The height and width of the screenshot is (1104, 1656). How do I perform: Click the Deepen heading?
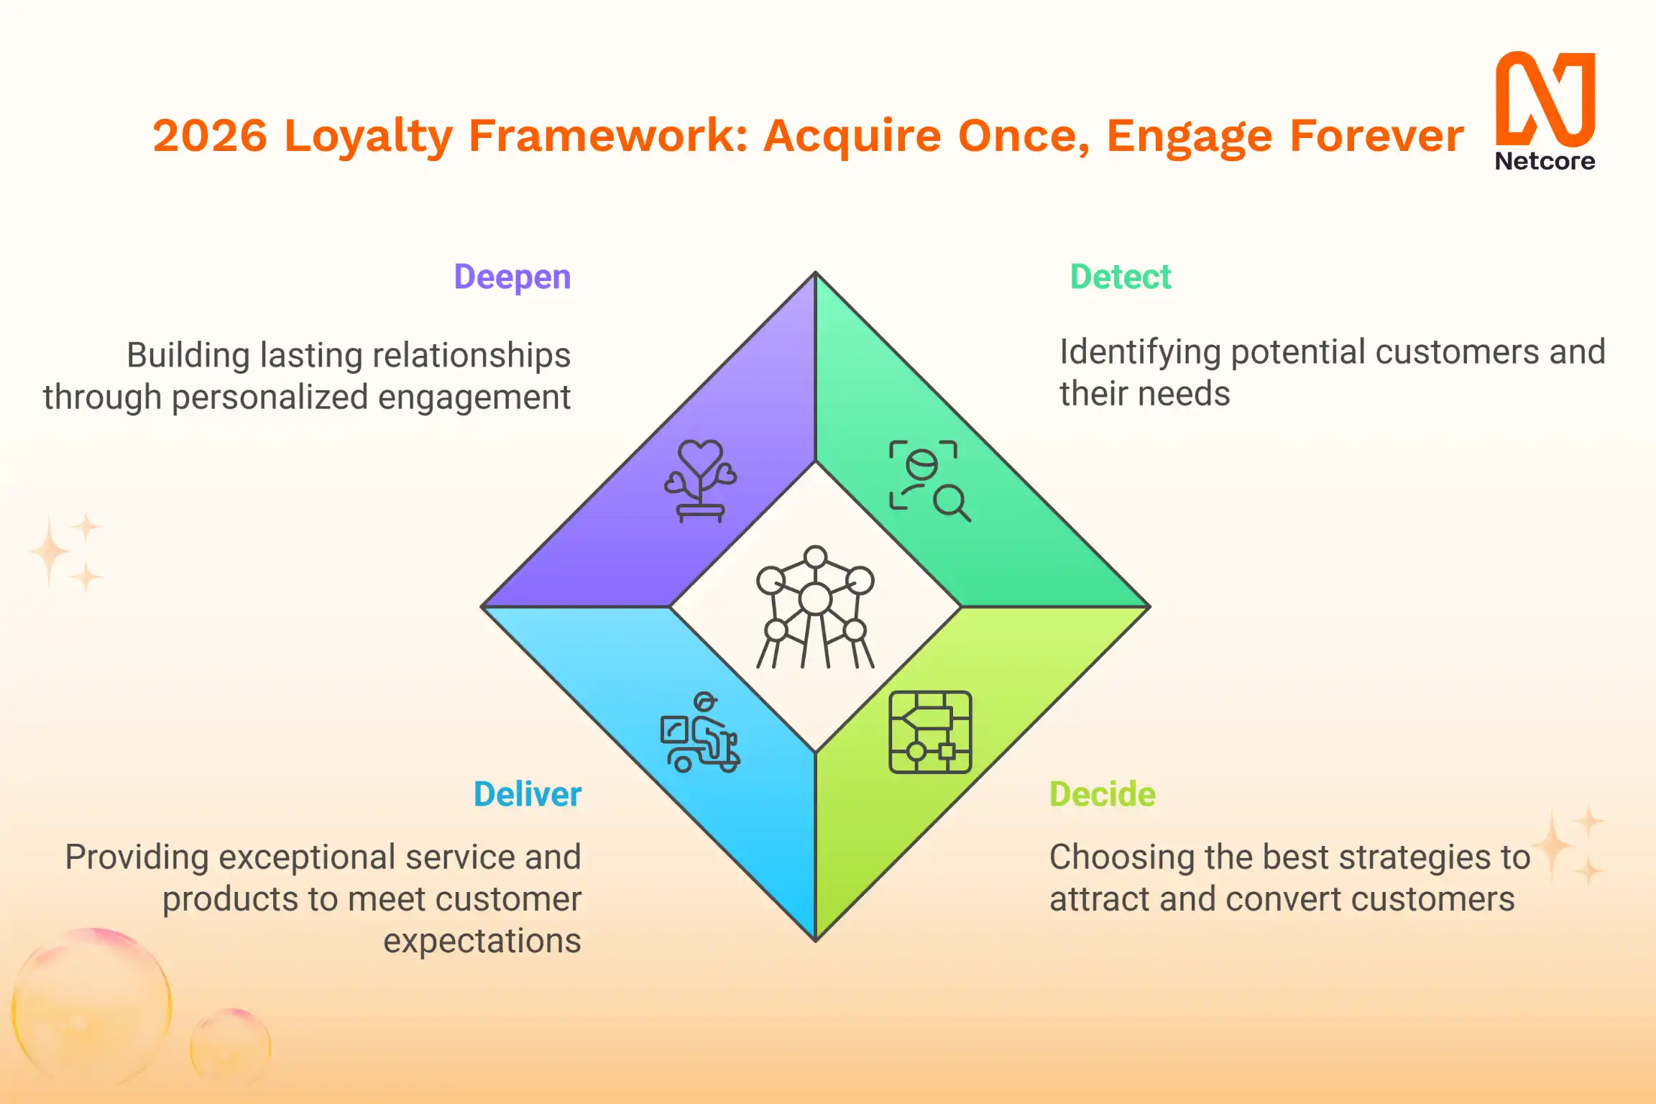pos(512,277)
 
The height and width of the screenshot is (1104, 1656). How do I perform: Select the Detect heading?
pos(1120,277)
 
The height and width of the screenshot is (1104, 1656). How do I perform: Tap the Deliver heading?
pos(527,794)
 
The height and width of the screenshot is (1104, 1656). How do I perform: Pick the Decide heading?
pos(1102,794)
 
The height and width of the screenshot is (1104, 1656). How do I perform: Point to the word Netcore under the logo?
pos(1545,161)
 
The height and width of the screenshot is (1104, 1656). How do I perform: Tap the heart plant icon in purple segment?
pos(700,480)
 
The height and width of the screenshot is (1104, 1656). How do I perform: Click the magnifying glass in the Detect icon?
pos(951,502)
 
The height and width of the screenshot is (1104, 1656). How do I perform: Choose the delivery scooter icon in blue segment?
pos(700,733)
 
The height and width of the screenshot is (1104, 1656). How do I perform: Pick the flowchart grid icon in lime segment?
pos(930,732)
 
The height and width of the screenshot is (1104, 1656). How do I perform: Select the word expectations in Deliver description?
pos(482,941)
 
